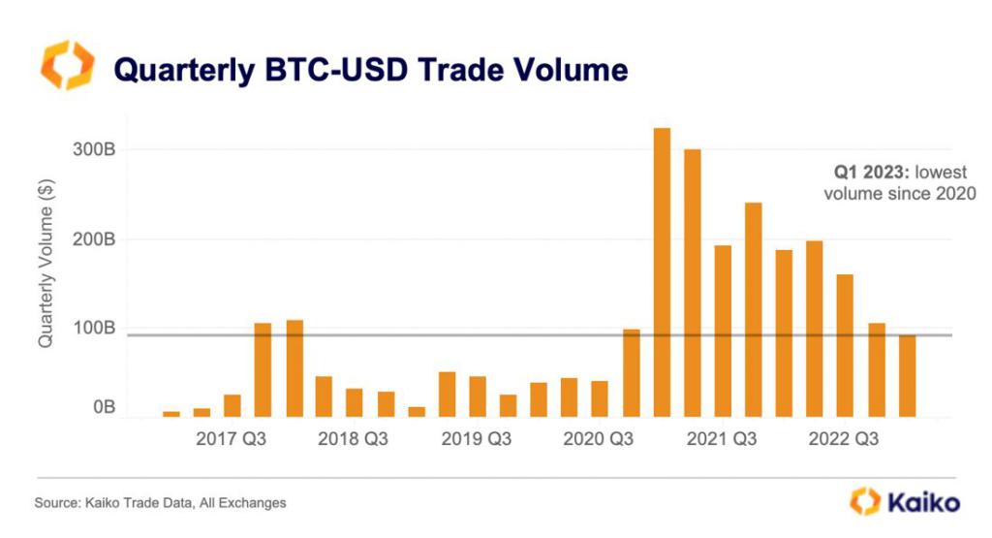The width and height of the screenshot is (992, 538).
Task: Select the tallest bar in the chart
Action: [x=663, y=272]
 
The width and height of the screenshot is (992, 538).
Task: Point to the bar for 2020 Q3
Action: [x=601, y=398]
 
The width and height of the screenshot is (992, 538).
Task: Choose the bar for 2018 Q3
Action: [x=355, y=403]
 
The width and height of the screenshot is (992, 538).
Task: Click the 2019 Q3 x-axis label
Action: [x=477, y=439]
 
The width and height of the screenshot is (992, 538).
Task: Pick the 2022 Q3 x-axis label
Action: [x=843, y=439]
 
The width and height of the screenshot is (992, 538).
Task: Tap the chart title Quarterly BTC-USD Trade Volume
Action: [x=371, y=69]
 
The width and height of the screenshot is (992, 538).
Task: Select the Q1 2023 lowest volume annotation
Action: [x=900, y=182]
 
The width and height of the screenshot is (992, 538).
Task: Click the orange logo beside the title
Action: [x=68, y=66]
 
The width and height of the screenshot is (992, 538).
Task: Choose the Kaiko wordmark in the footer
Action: [x=906, y=502]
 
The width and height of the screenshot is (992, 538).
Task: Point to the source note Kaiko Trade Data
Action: [x=161, y=503]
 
